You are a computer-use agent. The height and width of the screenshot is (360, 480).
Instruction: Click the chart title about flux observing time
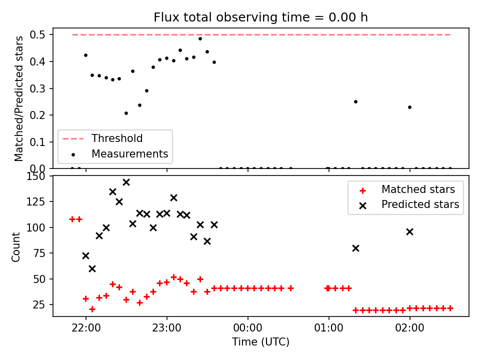click(x=260, y=17)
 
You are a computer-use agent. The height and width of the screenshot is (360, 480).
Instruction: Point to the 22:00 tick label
click(x=86, y=328)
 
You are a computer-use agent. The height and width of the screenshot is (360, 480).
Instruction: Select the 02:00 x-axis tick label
click(x=409, y=328)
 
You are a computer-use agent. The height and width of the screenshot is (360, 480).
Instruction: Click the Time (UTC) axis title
click(x=260, y=342)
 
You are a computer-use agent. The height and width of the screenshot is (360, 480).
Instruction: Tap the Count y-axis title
click(x=15, y=247)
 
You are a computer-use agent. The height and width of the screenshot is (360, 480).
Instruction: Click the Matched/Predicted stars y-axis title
click(x=18, y=98)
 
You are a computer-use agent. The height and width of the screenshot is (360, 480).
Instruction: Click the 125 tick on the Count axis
click(x=36, y=201)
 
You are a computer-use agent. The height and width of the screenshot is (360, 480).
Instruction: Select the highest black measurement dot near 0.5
click(x=200, y=39)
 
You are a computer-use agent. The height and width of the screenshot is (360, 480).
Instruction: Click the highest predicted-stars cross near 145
click(x=126, y=182)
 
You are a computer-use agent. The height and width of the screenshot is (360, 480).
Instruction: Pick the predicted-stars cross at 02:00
click(x=409, y=232)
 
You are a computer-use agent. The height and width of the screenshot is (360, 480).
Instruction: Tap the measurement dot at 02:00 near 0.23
click(x=409, y=107)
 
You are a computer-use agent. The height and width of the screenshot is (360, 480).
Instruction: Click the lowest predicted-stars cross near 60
click(x=92, y=269)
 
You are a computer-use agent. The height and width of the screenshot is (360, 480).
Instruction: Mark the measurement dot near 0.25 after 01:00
click(x=355, y=102)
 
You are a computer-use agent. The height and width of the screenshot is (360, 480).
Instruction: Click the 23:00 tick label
click(x=167, y=328)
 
